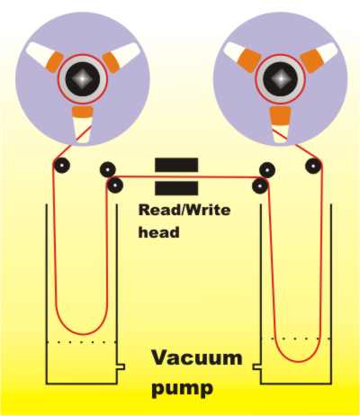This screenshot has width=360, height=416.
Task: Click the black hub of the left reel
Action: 83,79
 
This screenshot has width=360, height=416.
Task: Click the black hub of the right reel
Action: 281,79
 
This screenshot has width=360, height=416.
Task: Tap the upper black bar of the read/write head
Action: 176,165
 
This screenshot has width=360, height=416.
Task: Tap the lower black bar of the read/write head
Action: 176,188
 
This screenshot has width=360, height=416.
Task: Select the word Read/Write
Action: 184,210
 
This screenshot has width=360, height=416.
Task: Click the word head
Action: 158,232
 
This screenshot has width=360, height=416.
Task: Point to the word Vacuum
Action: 197,357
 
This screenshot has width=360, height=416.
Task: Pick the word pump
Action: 183,388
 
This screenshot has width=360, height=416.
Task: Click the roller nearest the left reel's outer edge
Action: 62,165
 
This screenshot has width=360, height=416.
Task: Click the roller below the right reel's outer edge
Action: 313,166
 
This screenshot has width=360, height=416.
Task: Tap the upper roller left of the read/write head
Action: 108,169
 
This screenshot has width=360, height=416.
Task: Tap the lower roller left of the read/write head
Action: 115,185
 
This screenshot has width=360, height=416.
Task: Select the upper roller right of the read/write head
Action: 267,170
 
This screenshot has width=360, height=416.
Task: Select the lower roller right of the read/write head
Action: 260,185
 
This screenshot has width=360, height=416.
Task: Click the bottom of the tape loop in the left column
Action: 83,334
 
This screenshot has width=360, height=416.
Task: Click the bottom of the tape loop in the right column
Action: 298,361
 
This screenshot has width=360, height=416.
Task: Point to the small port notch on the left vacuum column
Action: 121,366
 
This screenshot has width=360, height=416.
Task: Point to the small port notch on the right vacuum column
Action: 256,366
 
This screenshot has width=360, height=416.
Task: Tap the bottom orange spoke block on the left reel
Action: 82,112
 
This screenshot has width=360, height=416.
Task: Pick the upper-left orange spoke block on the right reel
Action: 248,61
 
